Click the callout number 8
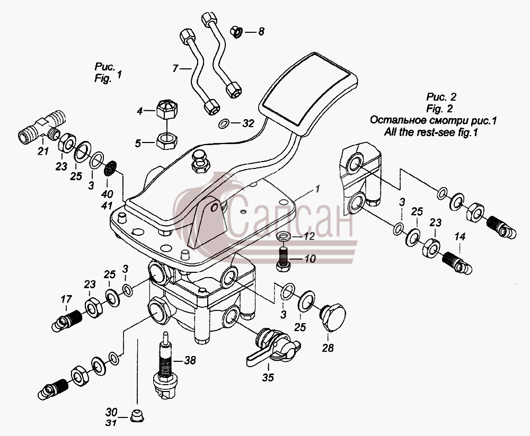point(261,32)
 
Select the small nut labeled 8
point(236,32)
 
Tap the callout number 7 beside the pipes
point(175,69)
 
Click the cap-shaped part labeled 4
point(167,109)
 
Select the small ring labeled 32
point(224,124)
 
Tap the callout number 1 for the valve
point(317,189)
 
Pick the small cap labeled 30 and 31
point(137,415)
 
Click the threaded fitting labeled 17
point(67,321)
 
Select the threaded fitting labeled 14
point(457,263)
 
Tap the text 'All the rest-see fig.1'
point(430,132)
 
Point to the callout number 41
point(107,205)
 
